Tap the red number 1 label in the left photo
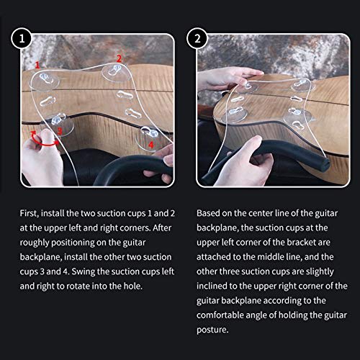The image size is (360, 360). (37, 65)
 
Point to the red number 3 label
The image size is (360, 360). (60, 130)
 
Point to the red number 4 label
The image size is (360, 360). (150, 144)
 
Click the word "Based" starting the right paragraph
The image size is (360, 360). (210, 214)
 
